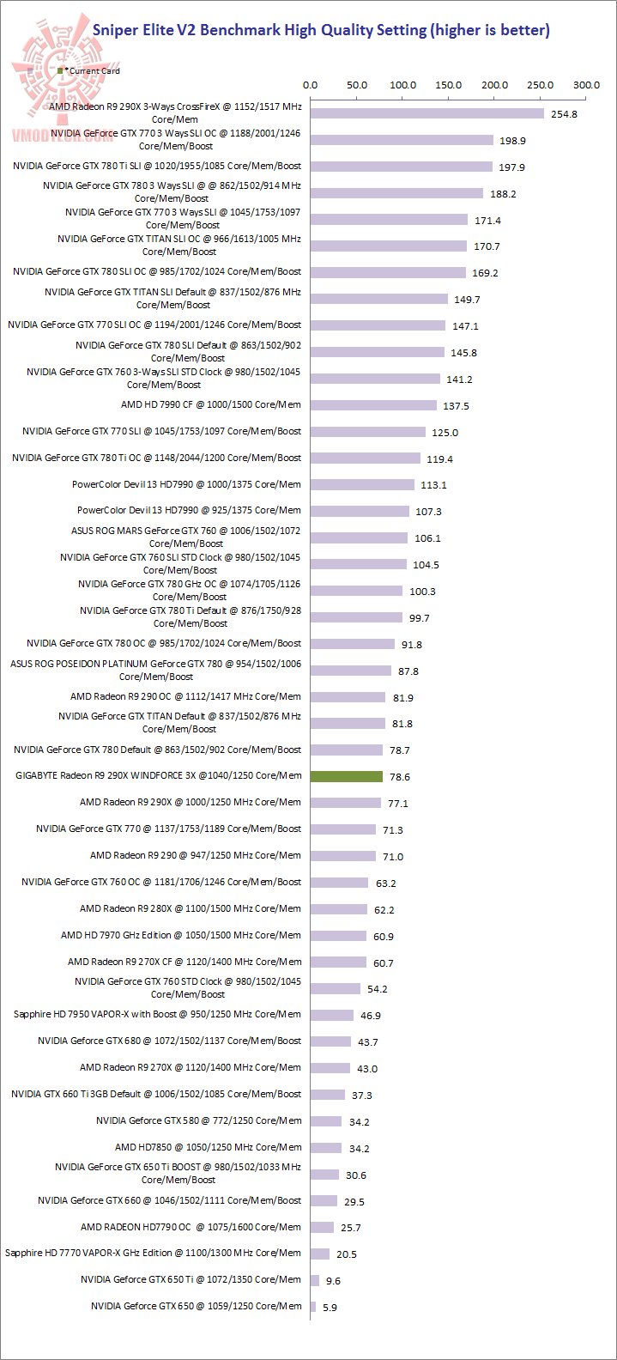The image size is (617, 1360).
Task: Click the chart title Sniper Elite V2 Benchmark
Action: (321, 30)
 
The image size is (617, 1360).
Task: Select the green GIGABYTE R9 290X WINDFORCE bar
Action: (347, 776)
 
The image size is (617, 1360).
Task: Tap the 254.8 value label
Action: (564, 114)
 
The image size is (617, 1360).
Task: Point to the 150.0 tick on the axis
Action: (449, 85)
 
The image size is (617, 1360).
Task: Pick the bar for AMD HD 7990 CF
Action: (376, 405)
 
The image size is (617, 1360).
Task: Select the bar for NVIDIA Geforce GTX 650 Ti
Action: (315, 1280)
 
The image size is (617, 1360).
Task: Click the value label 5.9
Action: (330, 1308)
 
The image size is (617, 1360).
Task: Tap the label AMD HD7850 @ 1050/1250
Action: (209, 1147)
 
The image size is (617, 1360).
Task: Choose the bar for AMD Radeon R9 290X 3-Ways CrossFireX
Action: (427, 113)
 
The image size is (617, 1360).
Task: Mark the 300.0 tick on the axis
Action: (587, 85)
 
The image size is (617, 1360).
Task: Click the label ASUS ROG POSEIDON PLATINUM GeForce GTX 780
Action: (156, 670)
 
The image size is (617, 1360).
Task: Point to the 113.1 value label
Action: (433, 485)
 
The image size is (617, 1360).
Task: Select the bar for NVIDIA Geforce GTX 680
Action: (331, 1041)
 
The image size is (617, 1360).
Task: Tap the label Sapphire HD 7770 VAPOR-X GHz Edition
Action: (153, 1253)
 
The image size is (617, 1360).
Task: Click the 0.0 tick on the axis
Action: (311, 85)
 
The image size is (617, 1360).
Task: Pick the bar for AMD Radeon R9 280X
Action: (339, 909)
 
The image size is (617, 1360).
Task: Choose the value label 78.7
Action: (400, 750)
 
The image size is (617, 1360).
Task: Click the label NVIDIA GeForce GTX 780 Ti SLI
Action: (157, 166)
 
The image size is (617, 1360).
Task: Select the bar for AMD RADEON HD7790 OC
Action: (323, 1227)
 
